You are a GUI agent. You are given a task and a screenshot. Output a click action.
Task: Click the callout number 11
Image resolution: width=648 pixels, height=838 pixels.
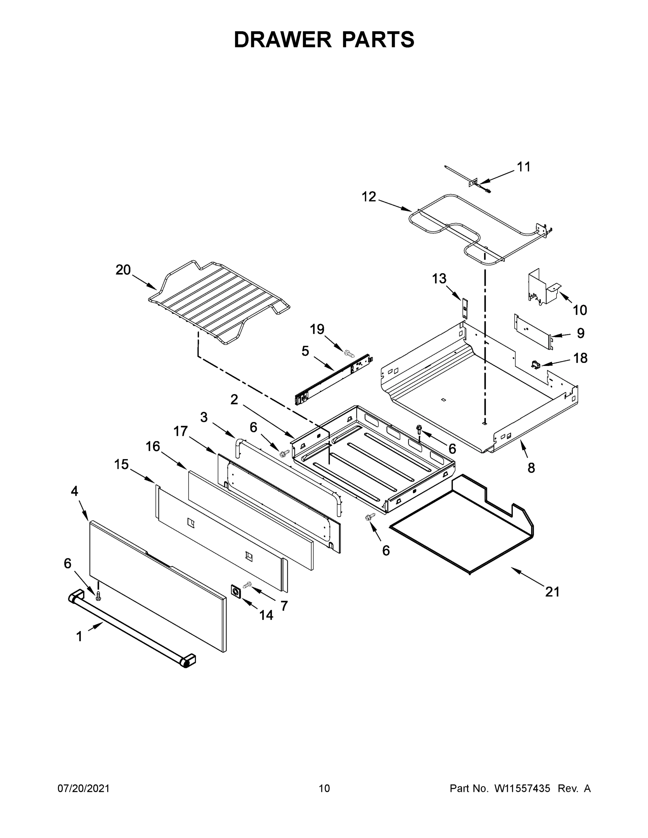click(x=524, y=167)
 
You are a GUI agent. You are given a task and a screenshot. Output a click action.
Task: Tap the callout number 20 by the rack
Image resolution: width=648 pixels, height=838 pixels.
click(x=123, y=270)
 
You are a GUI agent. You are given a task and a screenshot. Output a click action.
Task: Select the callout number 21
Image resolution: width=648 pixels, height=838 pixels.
click(x=552, y=592)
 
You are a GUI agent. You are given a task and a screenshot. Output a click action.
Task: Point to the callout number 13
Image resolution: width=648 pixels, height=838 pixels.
click(x=439, y=279)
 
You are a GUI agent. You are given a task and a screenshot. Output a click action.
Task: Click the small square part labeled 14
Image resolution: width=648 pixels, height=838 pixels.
click(x=236, y=591)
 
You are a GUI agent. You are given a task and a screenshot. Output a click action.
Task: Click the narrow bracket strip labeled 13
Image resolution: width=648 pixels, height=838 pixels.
click(x=465, y=308)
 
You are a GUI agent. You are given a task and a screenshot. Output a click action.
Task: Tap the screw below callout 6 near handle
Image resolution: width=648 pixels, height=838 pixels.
click(x=98, y=595)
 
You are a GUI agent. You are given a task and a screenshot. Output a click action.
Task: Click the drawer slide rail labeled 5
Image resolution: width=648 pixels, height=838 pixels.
click(x=333, y=379)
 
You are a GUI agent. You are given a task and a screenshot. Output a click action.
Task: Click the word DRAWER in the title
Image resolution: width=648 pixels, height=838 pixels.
click(x=283, y=40)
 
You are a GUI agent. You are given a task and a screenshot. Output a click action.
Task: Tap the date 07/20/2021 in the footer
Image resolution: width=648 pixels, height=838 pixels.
click(x=84, y=788)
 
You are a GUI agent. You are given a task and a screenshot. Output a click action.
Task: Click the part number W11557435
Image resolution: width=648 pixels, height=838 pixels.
click(x=522, y=788)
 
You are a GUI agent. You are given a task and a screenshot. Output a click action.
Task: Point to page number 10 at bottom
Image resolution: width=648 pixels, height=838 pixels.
click(x=324, y=788)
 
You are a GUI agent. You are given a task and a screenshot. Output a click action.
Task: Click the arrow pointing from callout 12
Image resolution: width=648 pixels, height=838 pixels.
click(x=395, y=204)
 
